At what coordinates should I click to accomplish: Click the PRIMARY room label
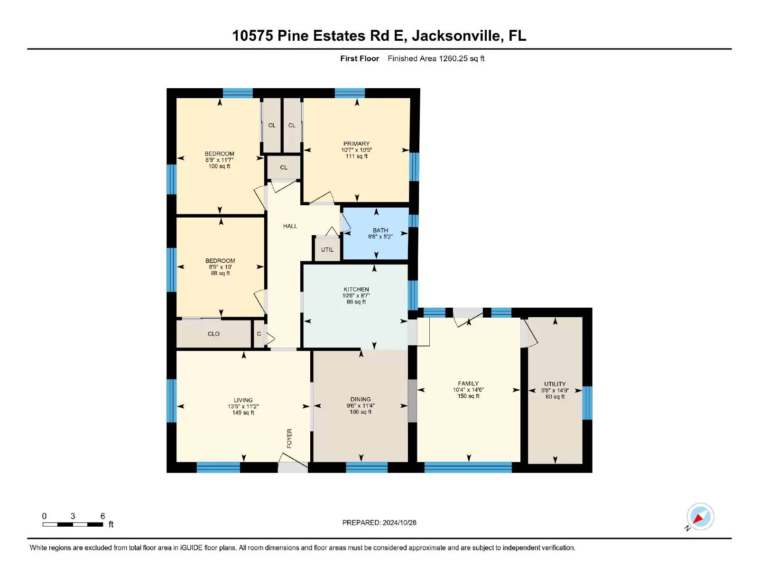point(356,144)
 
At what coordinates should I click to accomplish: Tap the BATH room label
point(380,230)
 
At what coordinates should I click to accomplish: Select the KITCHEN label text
point(356,289)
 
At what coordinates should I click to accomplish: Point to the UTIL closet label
point(327,249)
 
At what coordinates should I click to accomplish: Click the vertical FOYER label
point(289,439)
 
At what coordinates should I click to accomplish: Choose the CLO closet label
point(213,334)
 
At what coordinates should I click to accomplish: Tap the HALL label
point(290,226)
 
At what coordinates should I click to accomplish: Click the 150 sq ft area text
point(468,396)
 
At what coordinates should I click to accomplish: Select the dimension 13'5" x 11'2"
point(243,407)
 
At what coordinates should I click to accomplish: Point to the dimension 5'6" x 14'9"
point(555,391)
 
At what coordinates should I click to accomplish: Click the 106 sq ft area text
point(361,412)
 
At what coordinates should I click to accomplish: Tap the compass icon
point(700,517)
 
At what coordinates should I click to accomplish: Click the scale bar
point(73,524)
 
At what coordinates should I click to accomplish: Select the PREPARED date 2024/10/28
point(399,523)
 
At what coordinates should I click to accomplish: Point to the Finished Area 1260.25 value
point(453,59)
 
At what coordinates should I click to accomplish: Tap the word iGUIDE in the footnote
point(191,548)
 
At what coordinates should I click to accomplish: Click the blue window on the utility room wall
point(587,403)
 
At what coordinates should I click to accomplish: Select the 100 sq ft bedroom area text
point(219,166)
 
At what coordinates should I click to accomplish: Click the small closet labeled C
point(259,334)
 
